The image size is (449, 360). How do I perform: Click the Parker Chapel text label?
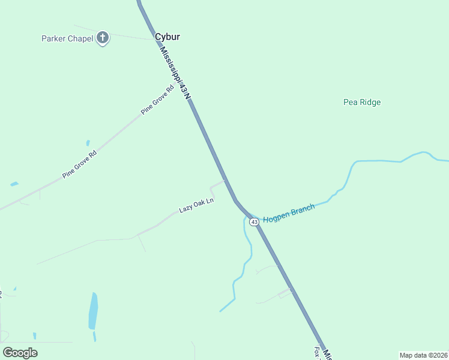(67, 38)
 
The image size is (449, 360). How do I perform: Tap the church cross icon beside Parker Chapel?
(103, 38)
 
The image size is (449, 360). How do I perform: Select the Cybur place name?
(167, 37)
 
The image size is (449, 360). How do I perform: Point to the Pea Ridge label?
(362, 102)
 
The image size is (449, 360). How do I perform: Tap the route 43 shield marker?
(255, 222)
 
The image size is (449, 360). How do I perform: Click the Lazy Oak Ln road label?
(196, 206)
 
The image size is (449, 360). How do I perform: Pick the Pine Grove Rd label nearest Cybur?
(157, 100)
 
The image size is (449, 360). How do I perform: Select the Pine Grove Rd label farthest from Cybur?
(79, 164)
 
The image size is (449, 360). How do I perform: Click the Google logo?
(20, 352)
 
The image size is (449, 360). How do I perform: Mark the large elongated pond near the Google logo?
(93, 311)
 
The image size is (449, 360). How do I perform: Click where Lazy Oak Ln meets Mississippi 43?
(225, 180)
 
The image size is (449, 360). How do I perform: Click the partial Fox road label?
(316, 352)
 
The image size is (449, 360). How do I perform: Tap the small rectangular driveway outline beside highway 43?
(285, 293)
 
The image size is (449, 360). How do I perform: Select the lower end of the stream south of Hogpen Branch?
(220, 311)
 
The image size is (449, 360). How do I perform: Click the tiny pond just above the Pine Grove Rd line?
(88, 143)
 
